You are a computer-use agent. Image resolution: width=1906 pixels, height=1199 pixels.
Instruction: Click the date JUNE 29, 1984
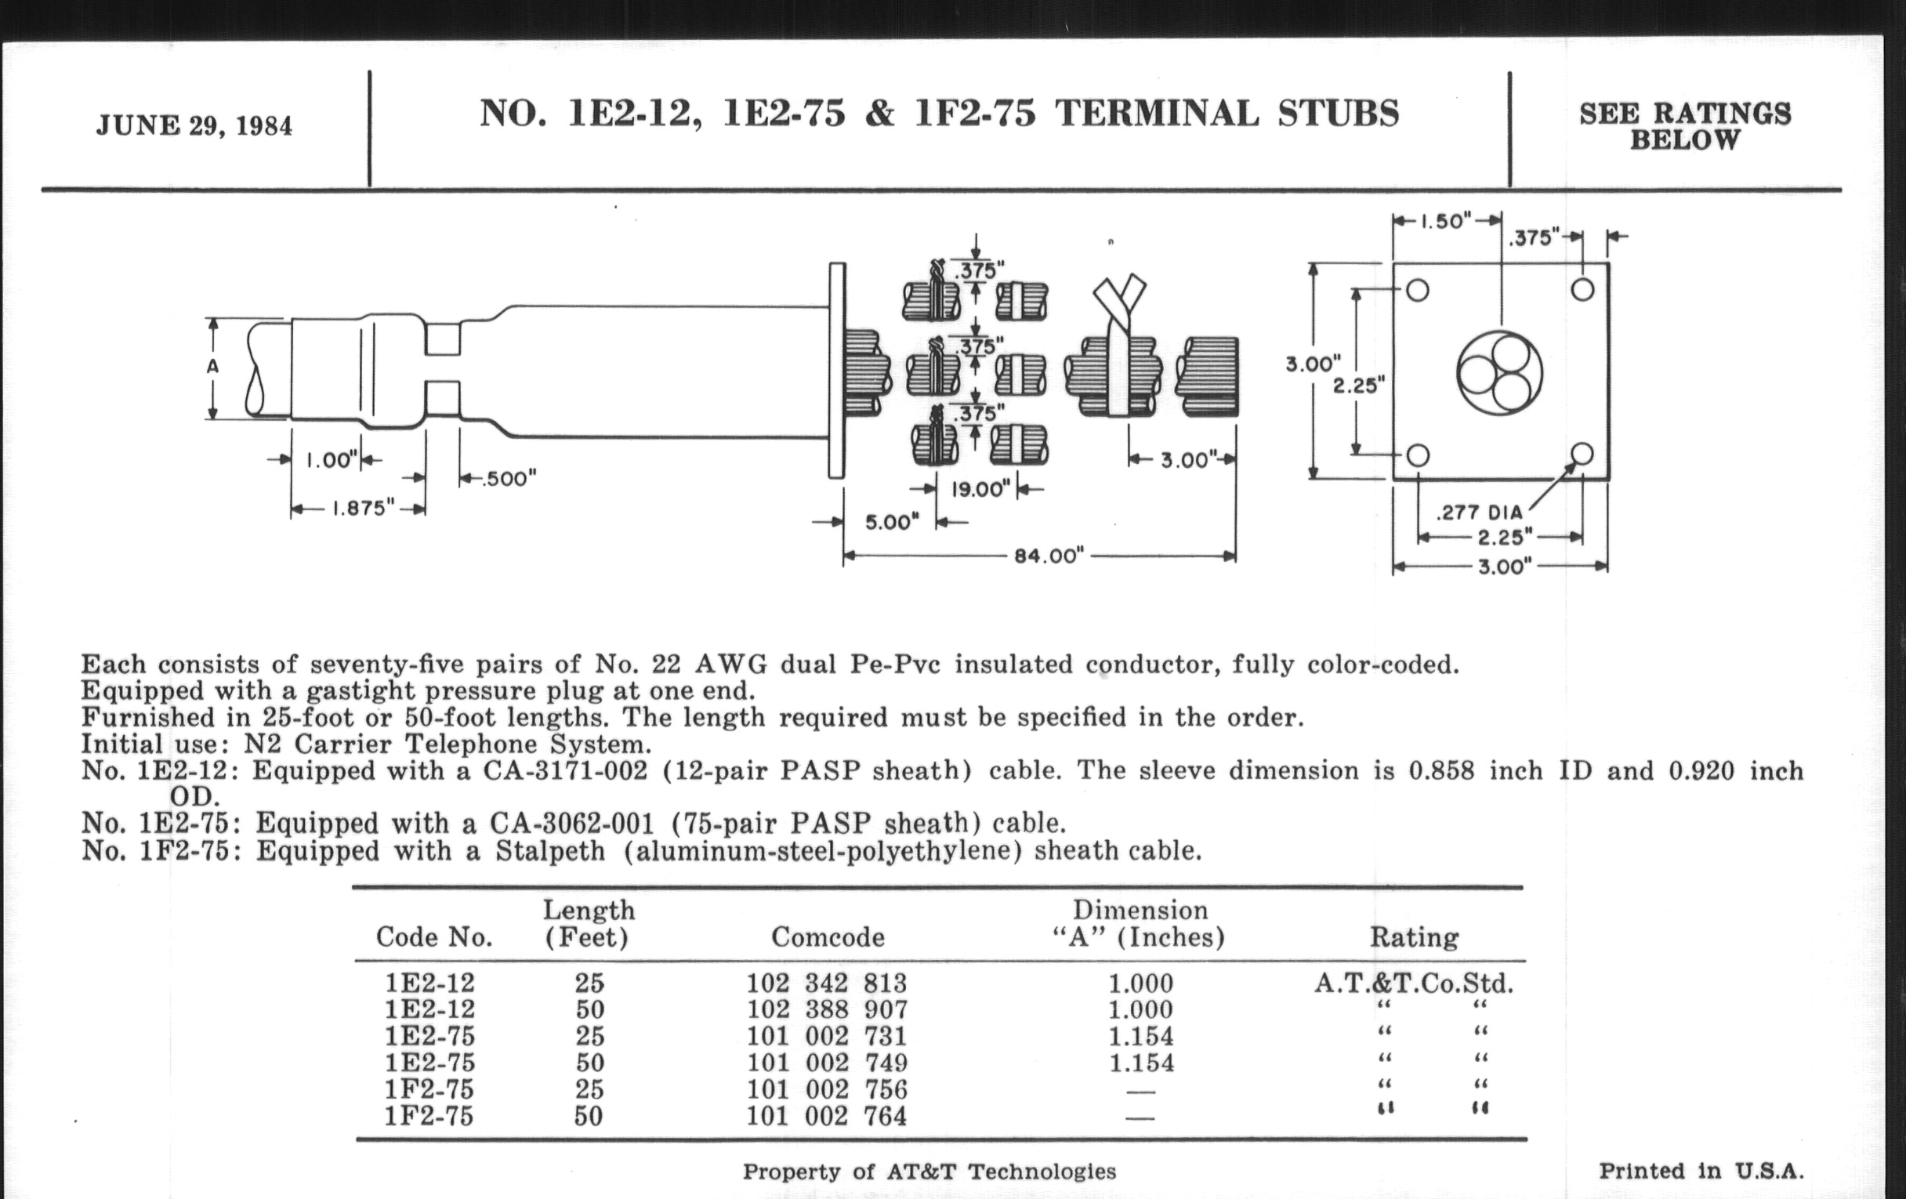click(194, 126)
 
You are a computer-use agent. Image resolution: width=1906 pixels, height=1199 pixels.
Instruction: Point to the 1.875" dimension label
click(363, 508)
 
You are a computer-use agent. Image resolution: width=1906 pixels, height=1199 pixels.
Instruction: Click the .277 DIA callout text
click(1479, 513)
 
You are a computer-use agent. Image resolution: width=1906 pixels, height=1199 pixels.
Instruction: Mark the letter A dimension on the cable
click(212, 368)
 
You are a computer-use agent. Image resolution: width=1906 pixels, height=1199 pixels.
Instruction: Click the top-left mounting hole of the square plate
click(1418, 291)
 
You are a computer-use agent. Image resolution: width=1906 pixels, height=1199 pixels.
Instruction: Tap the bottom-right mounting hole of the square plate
click(1582, 455)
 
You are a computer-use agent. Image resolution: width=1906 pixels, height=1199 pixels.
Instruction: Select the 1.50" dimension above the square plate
click(1446, 221)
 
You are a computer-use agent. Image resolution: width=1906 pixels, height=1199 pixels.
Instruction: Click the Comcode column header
click(827, 937)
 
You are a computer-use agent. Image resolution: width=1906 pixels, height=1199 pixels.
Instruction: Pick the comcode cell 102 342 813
click(827, 983)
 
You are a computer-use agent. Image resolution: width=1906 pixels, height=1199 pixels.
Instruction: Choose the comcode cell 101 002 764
click(827, 1116)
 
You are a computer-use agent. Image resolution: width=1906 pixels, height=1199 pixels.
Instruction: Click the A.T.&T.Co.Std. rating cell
click(1414, 983)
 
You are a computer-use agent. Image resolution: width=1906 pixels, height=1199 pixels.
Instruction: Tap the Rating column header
click(1414, 937)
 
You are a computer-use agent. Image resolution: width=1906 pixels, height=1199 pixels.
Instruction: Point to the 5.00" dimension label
click(892, 523)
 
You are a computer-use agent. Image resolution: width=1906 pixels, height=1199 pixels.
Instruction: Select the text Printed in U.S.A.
click(1701, 1172)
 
